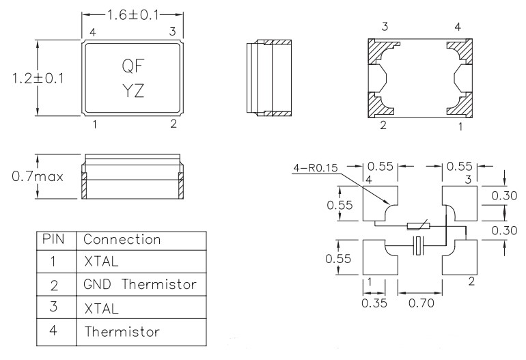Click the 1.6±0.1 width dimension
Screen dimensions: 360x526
[133, 14]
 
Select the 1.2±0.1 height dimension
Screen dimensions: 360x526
[38, 78]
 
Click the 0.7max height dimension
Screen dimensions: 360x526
[38, 176]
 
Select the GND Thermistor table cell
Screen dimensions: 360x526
[140, 283]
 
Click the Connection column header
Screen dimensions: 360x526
[122, 240]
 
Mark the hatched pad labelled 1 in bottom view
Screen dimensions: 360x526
[459, 104]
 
